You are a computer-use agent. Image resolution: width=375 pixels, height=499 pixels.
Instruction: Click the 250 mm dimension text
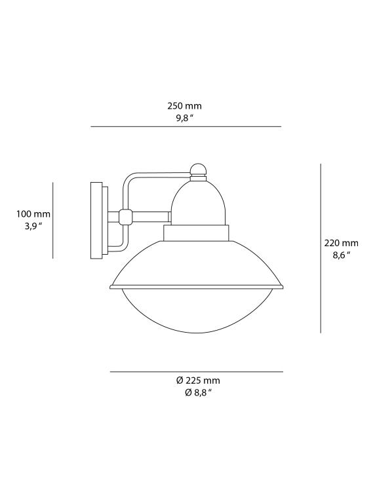[x=184, y=105]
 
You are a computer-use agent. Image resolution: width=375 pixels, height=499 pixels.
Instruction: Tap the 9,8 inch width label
[x=184, y=119]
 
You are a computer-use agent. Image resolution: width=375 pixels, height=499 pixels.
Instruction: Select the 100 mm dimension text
[x=33, y=213]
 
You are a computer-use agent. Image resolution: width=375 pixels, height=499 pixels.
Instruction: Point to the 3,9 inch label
[x=33, y=226]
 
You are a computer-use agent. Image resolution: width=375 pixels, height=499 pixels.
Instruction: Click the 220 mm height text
[x=342, y=243]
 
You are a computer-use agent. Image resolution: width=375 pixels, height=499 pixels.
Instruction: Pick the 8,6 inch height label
[x=342, y=255]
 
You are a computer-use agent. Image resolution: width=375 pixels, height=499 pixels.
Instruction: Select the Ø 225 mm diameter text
[x=198, y=380]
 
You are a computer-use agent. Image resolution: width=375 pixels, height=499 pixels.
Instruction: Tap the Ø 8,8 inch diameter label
[x=198, y=393]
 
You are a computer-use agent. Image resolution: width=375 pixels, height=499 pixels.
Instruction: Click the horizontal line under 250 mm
[x=186, y=126]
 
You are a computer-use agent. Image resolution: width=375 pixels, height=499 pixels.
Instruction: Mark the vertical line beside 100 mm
[x=52, y=220]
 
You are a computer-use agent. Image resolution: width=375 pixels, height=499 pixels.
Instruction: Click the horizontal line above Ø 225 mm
[x=196, y=372]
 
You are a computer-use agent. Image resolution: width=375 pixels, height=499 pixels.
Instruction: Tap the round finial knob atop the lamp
[x=198, y=170]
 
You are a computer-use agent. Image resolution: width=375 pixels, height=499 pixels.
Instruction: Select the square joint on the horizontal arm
[x=125, y=215]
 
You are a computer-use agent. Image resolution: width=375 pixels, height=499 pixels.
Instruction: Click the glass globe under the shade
[x=197, y=311]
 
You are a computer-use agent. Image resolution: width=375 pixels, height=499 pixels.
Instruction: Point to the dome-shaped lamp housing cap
[x=198, y=203]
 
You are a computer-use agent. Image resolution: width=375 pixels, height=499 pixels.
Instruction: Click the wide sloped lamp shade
[x=197, y=265]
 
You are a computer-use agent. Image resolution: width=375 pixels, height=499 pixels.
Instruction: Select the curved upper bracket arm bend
[x=128, y=180]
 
